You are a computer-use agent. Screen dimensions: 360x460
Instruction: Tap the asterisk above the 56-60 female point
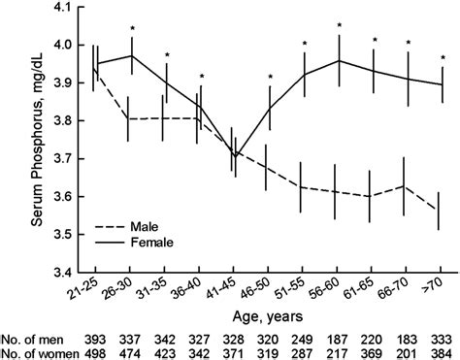click(x=340, y=26)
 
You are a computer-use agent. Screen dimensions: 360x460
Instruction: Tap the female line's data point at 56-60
click(x=340, y=60)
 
